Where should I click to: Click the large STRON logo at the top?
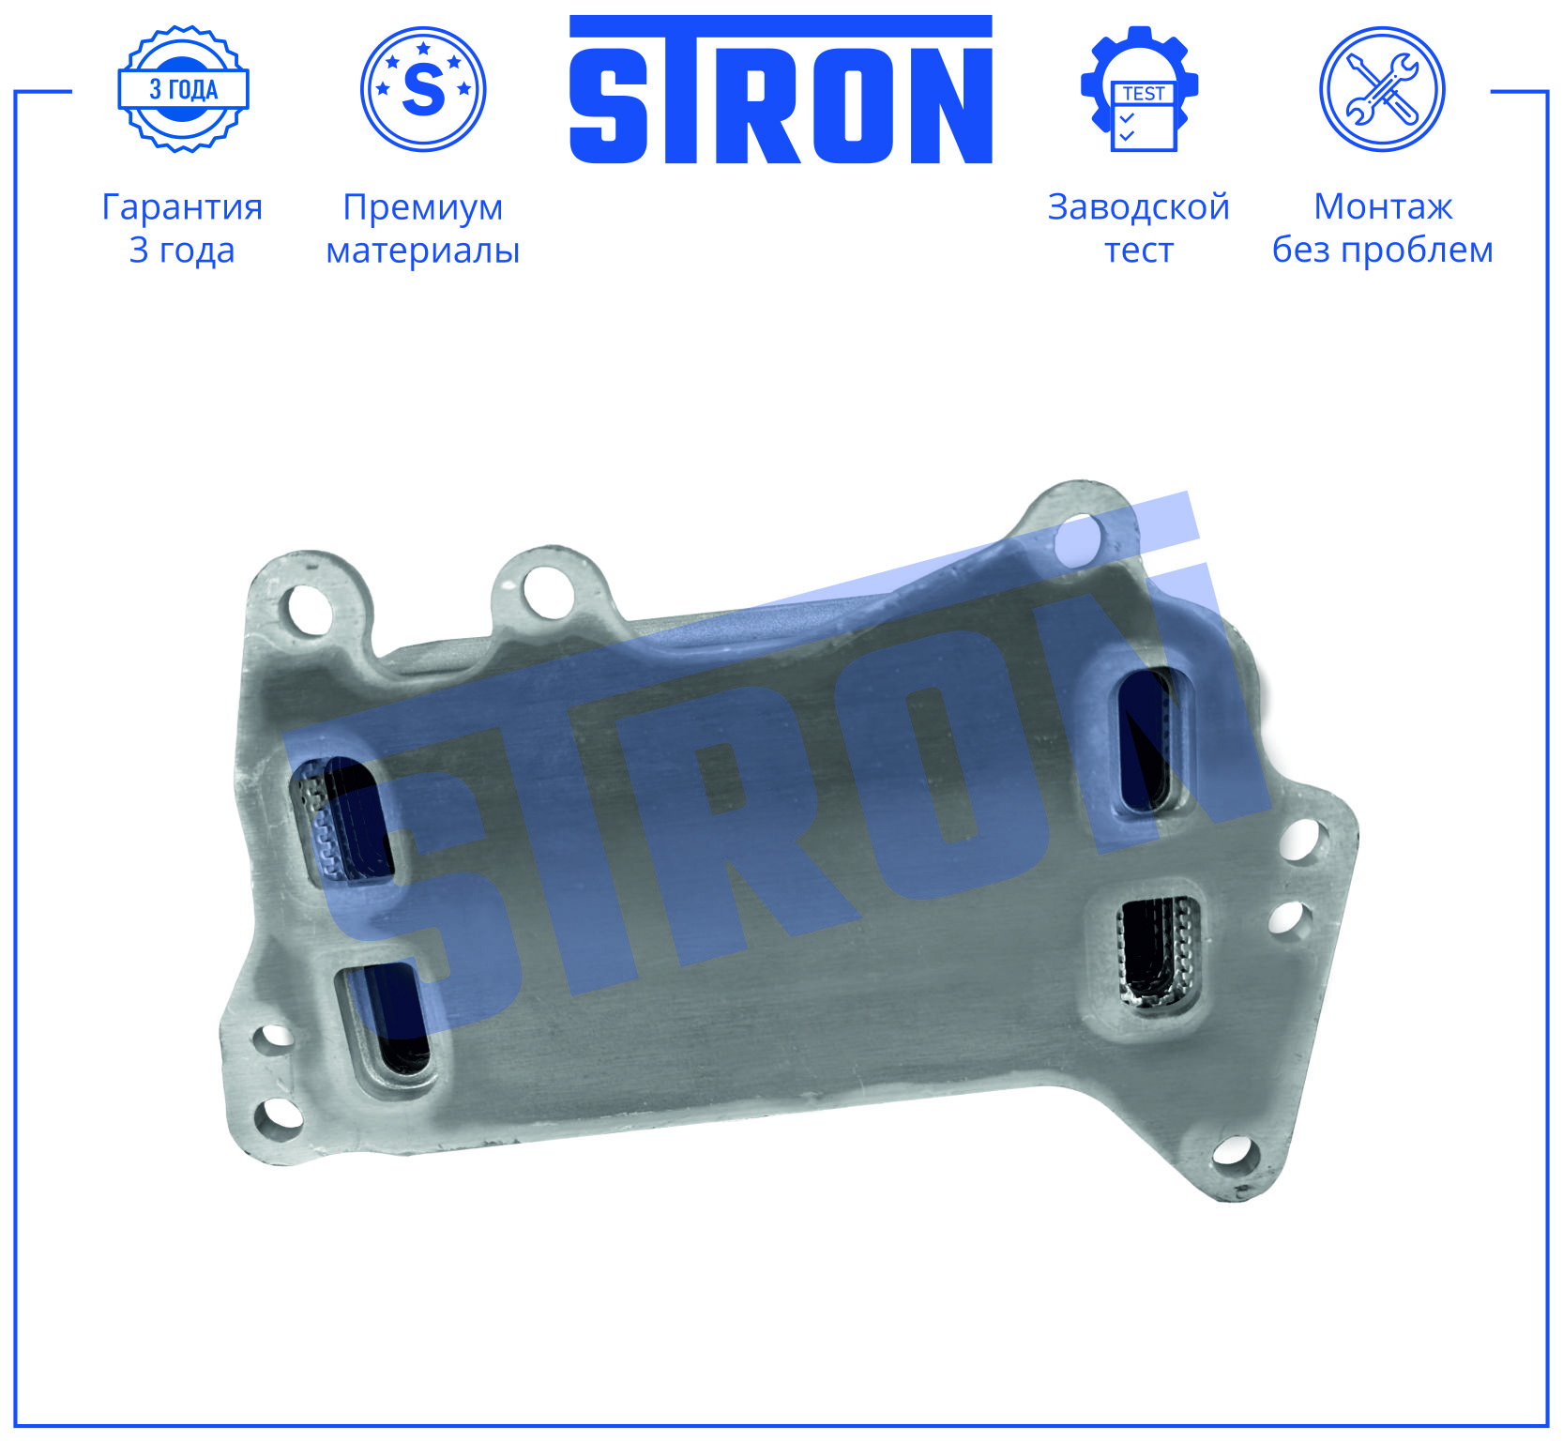(x=781, y=89)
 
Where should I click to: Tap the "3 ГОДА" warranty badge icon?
(x=183, y=89)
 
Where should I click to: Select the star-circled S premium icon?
(x=423, y=89)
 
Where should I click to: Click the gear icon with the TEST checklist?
(x=1140, y=89)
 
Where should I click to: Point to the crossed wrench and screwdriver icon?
(x=1382, y=89)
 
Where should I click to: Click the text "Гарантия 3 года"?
(x=182, y=228)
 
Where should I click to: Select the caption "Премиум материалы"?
(x=423, y=228)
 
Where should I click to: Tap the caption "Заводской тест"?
(x=1139, y=228)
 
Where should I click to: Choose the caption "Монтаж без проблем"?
(x=1383, y=228)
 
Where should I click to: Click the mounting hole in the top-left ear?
(x=305, y=610)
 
